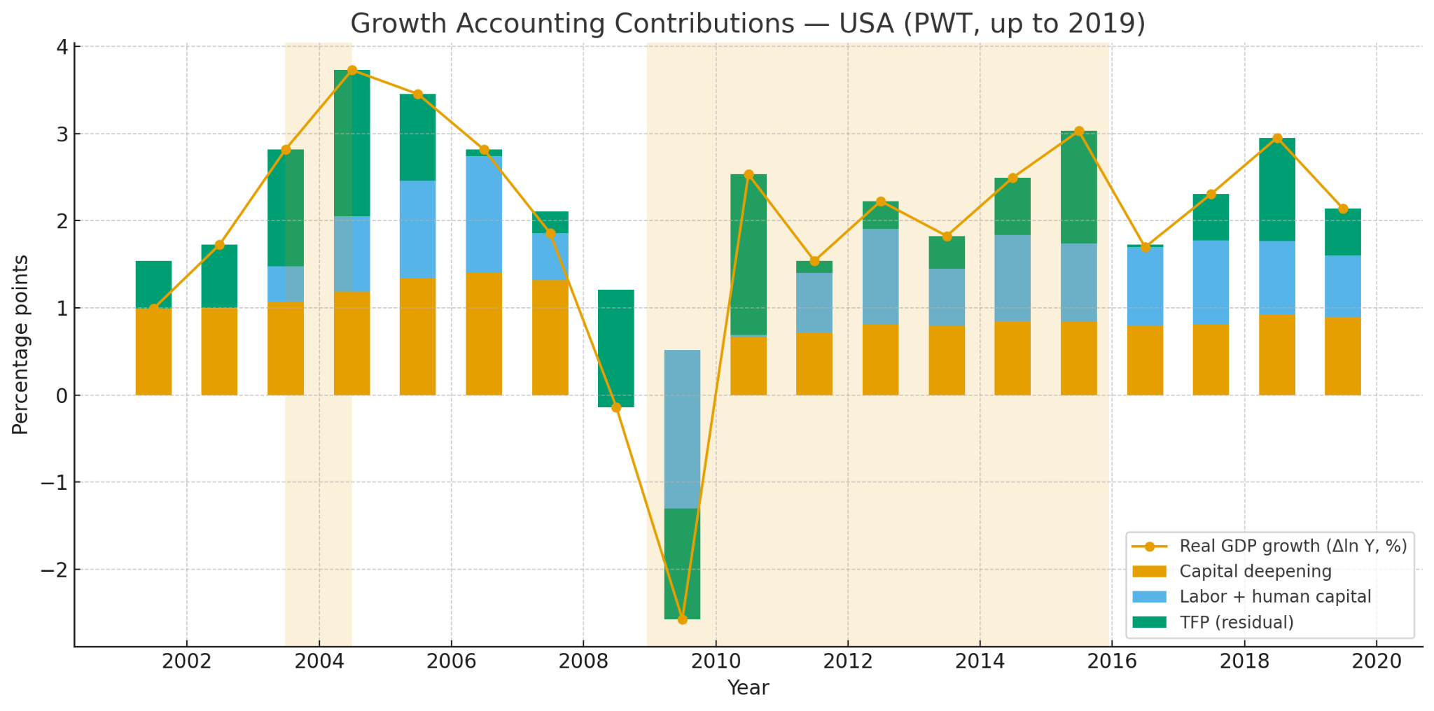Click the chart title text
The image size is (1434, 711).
point(747,24)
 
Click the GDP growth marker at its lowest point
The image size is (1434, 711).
point(682,619)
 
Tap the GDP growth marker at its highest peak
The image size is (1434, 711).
point(352,70)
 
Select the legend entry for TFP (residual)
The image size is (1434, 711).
point(1236,622)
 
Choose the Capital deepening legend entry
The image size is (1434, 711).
point(1255,572)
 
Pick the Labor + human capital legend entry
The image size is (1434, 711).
point(1274,597)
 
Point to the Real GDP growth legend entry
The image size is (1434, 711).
point(1292,547)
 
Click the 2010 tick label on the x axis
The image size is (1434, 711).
point(716,662)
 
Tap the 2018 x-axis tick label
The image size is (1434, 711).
point(1244,662)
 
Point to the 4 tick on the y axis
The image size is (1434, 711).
point(62,47)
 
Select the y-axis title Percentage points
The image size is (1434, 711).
point(21,344)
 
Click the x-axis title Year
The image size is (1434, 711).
point(748,688)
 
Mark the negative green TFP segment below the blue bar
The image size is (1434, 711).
point(682,563)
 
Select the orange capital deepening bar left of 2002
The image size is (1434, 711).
point(153,351)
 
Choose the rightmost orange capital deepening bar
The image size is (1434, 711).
point(1342,356)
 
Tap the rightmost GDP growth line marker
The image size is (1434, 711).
point(1343,209)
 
